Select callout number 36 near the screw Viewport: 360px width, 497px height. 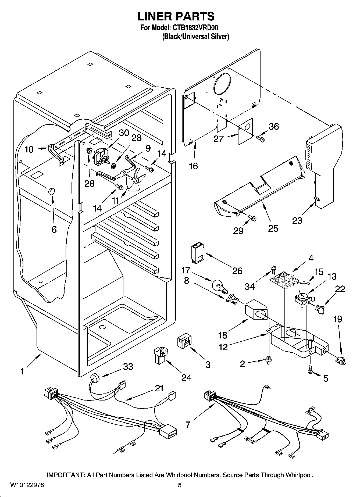(274, 127)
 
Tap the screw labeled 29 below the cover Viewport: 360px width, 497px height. (252, 218)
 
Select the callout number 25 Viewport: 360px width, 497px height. (273, 228)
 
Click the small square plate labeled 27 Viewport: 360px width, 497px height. (245, 131)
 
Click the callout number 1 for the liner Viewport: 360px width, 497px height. (23, 371)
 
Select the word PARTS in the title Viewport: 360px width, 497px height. (195, 16)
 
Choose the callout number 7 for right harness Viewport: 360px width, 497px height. (188, 425)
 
